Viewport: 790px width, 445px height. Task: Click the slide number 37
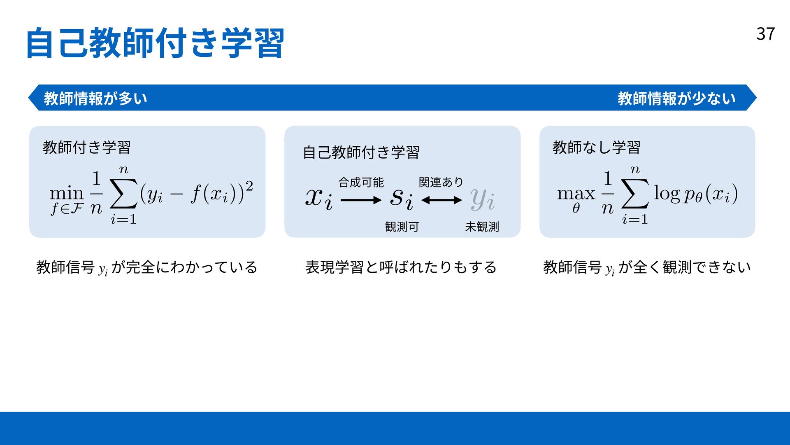coord(765,34)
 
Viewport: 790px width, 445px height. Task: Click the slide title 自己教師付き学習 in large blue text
coord(155,43)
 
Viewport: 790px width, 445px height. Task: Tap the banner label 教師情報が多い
coord(95,98)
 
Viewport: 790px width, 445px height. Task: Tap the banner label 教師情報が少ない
coord(676,98)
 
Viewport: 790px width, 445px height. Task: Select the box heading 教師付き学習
coord(87,147)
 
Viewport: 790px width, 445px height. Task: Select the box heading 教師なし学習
coord(596,147)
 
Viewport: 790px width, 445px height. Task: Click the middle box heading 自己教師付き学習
coord(361,152)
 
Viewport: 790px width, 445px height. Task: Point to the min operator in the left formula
coord(67,193)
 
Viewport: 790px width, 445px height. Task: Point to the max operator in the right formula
coord(576,193)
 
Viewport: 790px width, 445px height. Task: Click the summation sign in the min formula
coord(124,193)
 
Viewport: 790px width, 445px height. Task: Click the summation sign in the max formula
coord(635,193)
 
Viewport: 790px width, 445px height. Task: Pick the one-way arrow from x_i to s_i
coord(361,201)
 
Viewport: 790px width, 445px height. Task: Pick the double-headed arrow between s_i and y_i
coord(441,201)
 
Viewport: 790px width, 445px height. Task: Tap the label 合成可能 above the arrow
coord(361,182)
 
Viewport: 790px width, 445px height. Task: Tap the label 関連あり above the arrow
coord(441,182)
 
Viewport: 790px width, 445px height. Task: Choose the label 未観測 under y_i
coord(482,227)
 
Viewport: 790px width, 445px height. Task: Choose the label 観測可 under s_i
coord(402,227)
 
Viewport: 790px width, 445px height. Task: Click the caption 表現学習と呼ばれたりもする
coord(401,267)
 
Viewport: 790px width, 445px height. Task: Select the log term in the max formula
coord(667,193)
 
